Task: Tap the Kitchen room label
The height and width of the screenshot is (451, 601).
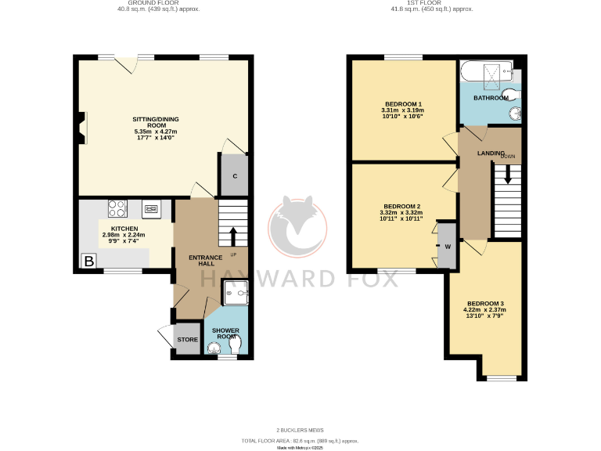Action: click(124, 229)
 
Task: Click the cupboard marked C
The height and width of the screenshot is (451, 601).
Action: click(234, 175)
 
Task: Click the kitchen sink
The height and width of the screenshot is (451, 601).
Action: click(151, 209)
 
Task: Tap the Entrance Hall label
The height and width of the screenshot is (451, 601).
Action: click(206, 260)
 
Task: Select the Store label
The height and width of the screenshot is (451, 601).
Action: click(187, 340)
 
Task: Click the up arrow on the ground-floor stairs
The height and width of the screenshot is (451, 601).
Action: click(232, 235)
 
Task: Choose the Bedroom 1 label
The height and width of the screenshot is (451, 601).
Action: click(404, 104)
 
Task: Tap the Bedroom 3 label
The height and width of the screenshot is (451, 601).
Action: click(486, 304)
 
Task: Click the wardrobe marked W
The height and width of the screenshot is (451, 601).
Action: click(447, 246)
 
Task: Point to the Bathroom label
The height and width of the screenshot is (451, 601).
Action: click(490, 98)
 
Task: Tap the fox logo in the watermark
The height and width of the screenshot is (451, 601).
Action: click(299, 227)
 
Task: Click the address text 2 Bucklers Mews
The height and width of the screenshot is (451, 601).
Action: click(300, 430)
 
